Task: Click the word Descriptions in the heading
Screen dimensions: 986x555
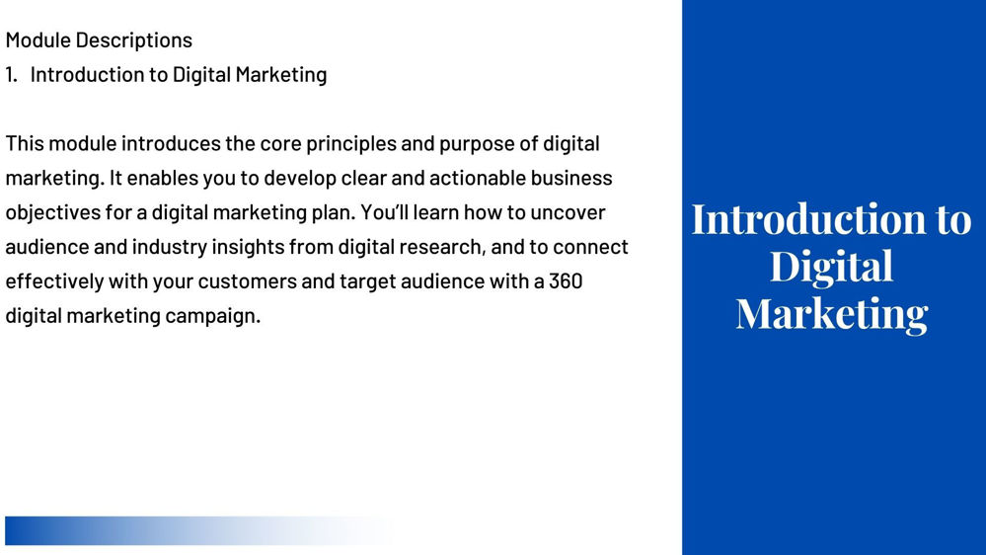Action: (x=134, y=40)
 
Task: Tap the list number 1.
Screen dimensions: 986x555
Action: (x=11, y=74)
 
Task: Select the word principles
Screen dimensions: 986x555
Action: (x=351, y=145)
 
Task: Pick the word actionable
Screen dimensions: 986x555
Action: (x=478, y=178)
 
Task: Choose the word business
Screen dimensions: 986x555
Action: (x=571, y=178)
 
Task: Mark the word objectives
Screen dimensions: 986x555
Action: (x=53, y=213)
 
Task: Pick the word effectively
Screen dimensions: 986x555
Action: (x=54, y=281)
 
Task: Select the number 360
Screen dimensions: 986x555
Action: (x=566, y=280)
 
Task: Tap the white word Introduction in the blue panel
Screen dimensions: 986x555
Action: (x=808, y=219)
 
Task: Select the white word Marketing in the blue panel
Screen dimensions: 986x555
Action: (x=832, y=315)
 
